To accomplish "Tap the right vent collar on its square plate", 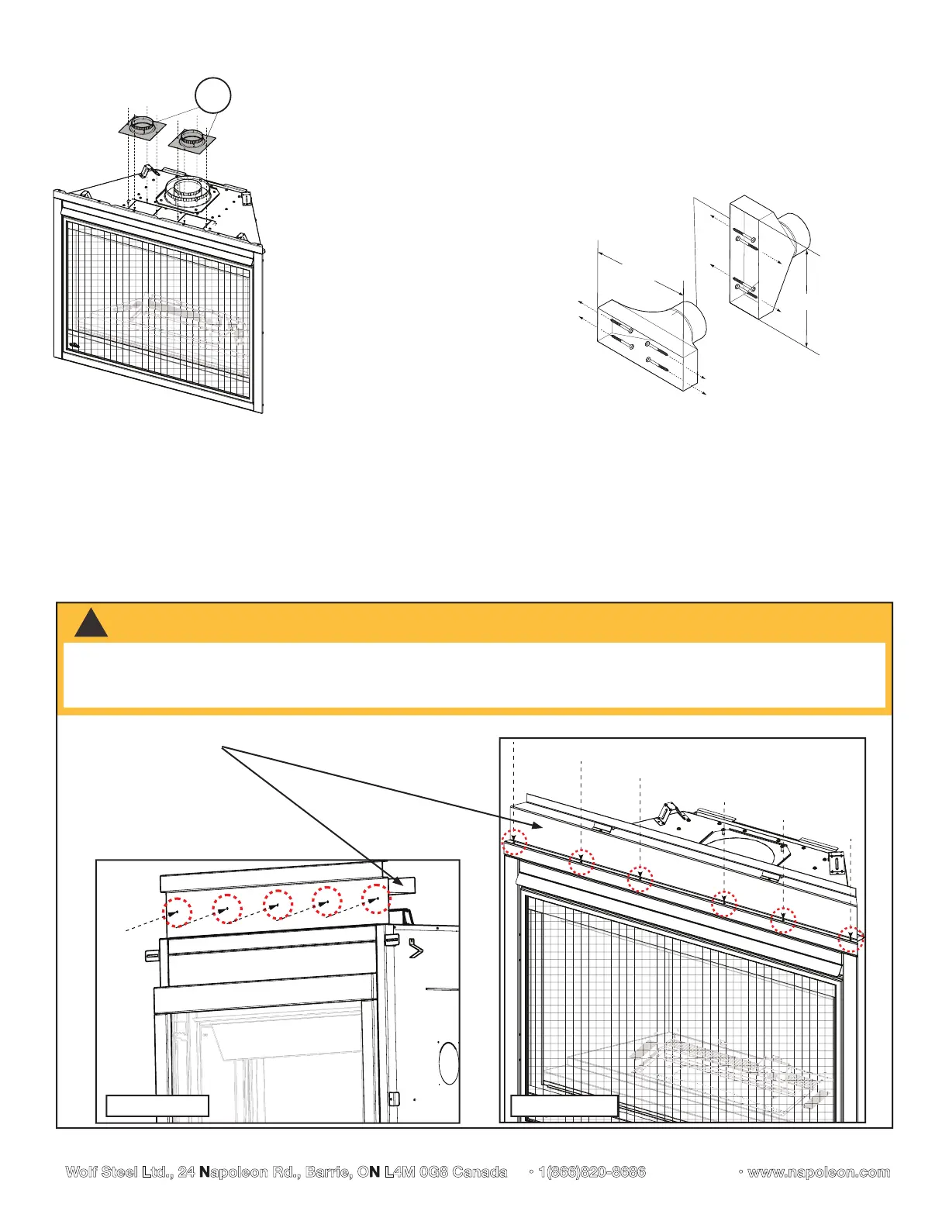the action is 189,142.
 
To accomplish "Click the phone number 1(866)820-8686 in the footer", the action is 592,1172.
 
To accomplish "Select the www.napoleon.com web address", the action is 818,1172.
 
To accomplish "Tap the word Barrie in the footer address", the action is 327,1172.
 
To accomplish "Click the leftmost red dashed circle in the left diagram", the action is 178,912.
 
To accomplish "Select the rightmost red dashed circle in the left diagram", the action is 376,899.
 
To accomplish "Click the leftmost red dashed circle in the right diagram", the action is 514,841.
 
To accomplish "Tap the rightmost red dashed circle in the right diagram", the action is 851,939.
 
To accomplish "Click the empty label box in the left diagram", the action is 157,1106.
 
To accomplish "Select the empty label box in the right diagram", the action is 564,1106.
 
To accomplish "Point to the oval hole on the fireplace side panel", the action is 449,1064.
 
